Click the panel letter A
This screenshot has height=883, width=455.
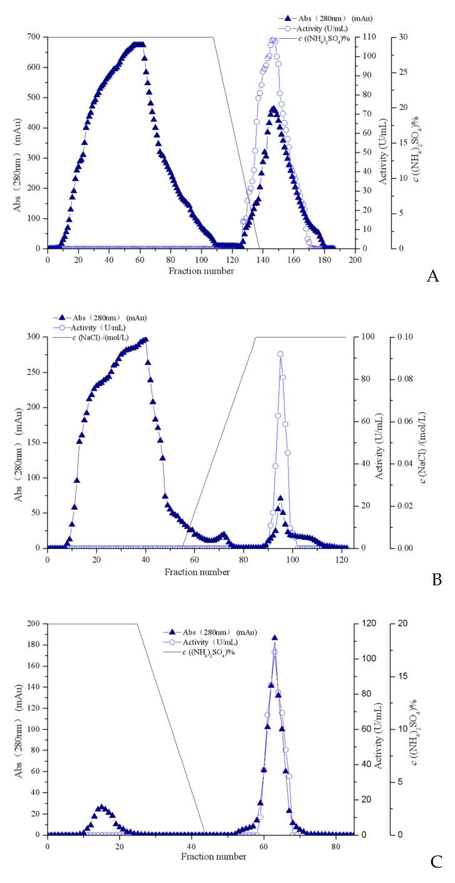coord(432,276)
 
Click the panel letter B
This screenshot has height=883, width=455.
coord(436,580)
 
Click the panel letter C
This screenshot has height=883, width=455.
coord(436,863)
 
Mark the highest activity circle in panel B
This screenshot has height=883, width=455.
coord(280,354)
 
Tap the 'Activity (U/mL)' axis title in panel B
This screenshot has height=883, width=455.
coord(379,442)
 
